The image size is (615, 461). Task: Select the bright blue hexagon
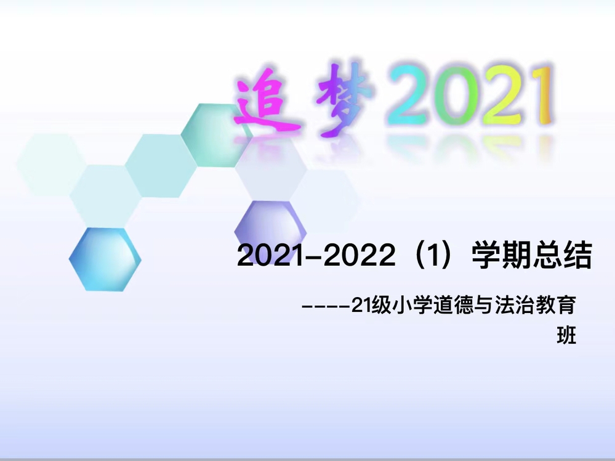[x=105, y=259]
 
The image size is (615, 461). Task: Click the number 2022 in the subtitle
[x=360, y=256]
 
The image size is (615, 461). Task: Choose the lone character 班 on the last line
[x=566, y=336]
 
